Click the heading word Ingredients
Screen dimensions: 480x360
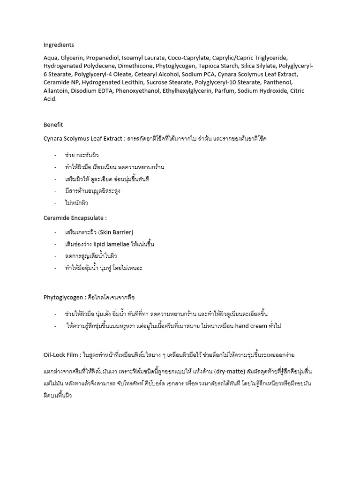coord(59,45)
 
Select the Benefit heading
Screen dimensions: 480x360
coord(53,125)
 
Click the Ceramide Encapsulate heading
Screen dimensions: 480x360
coord(75,217)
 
